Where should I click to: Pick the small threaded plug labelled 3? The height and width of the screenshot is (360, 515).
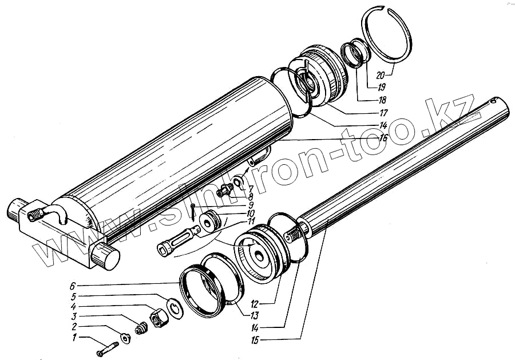pos(141,330)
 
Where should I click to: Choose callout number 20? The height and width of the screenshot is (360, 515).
pos(381,74)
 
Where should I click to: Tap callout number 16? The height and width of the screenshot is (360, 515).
pos(383,138)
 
